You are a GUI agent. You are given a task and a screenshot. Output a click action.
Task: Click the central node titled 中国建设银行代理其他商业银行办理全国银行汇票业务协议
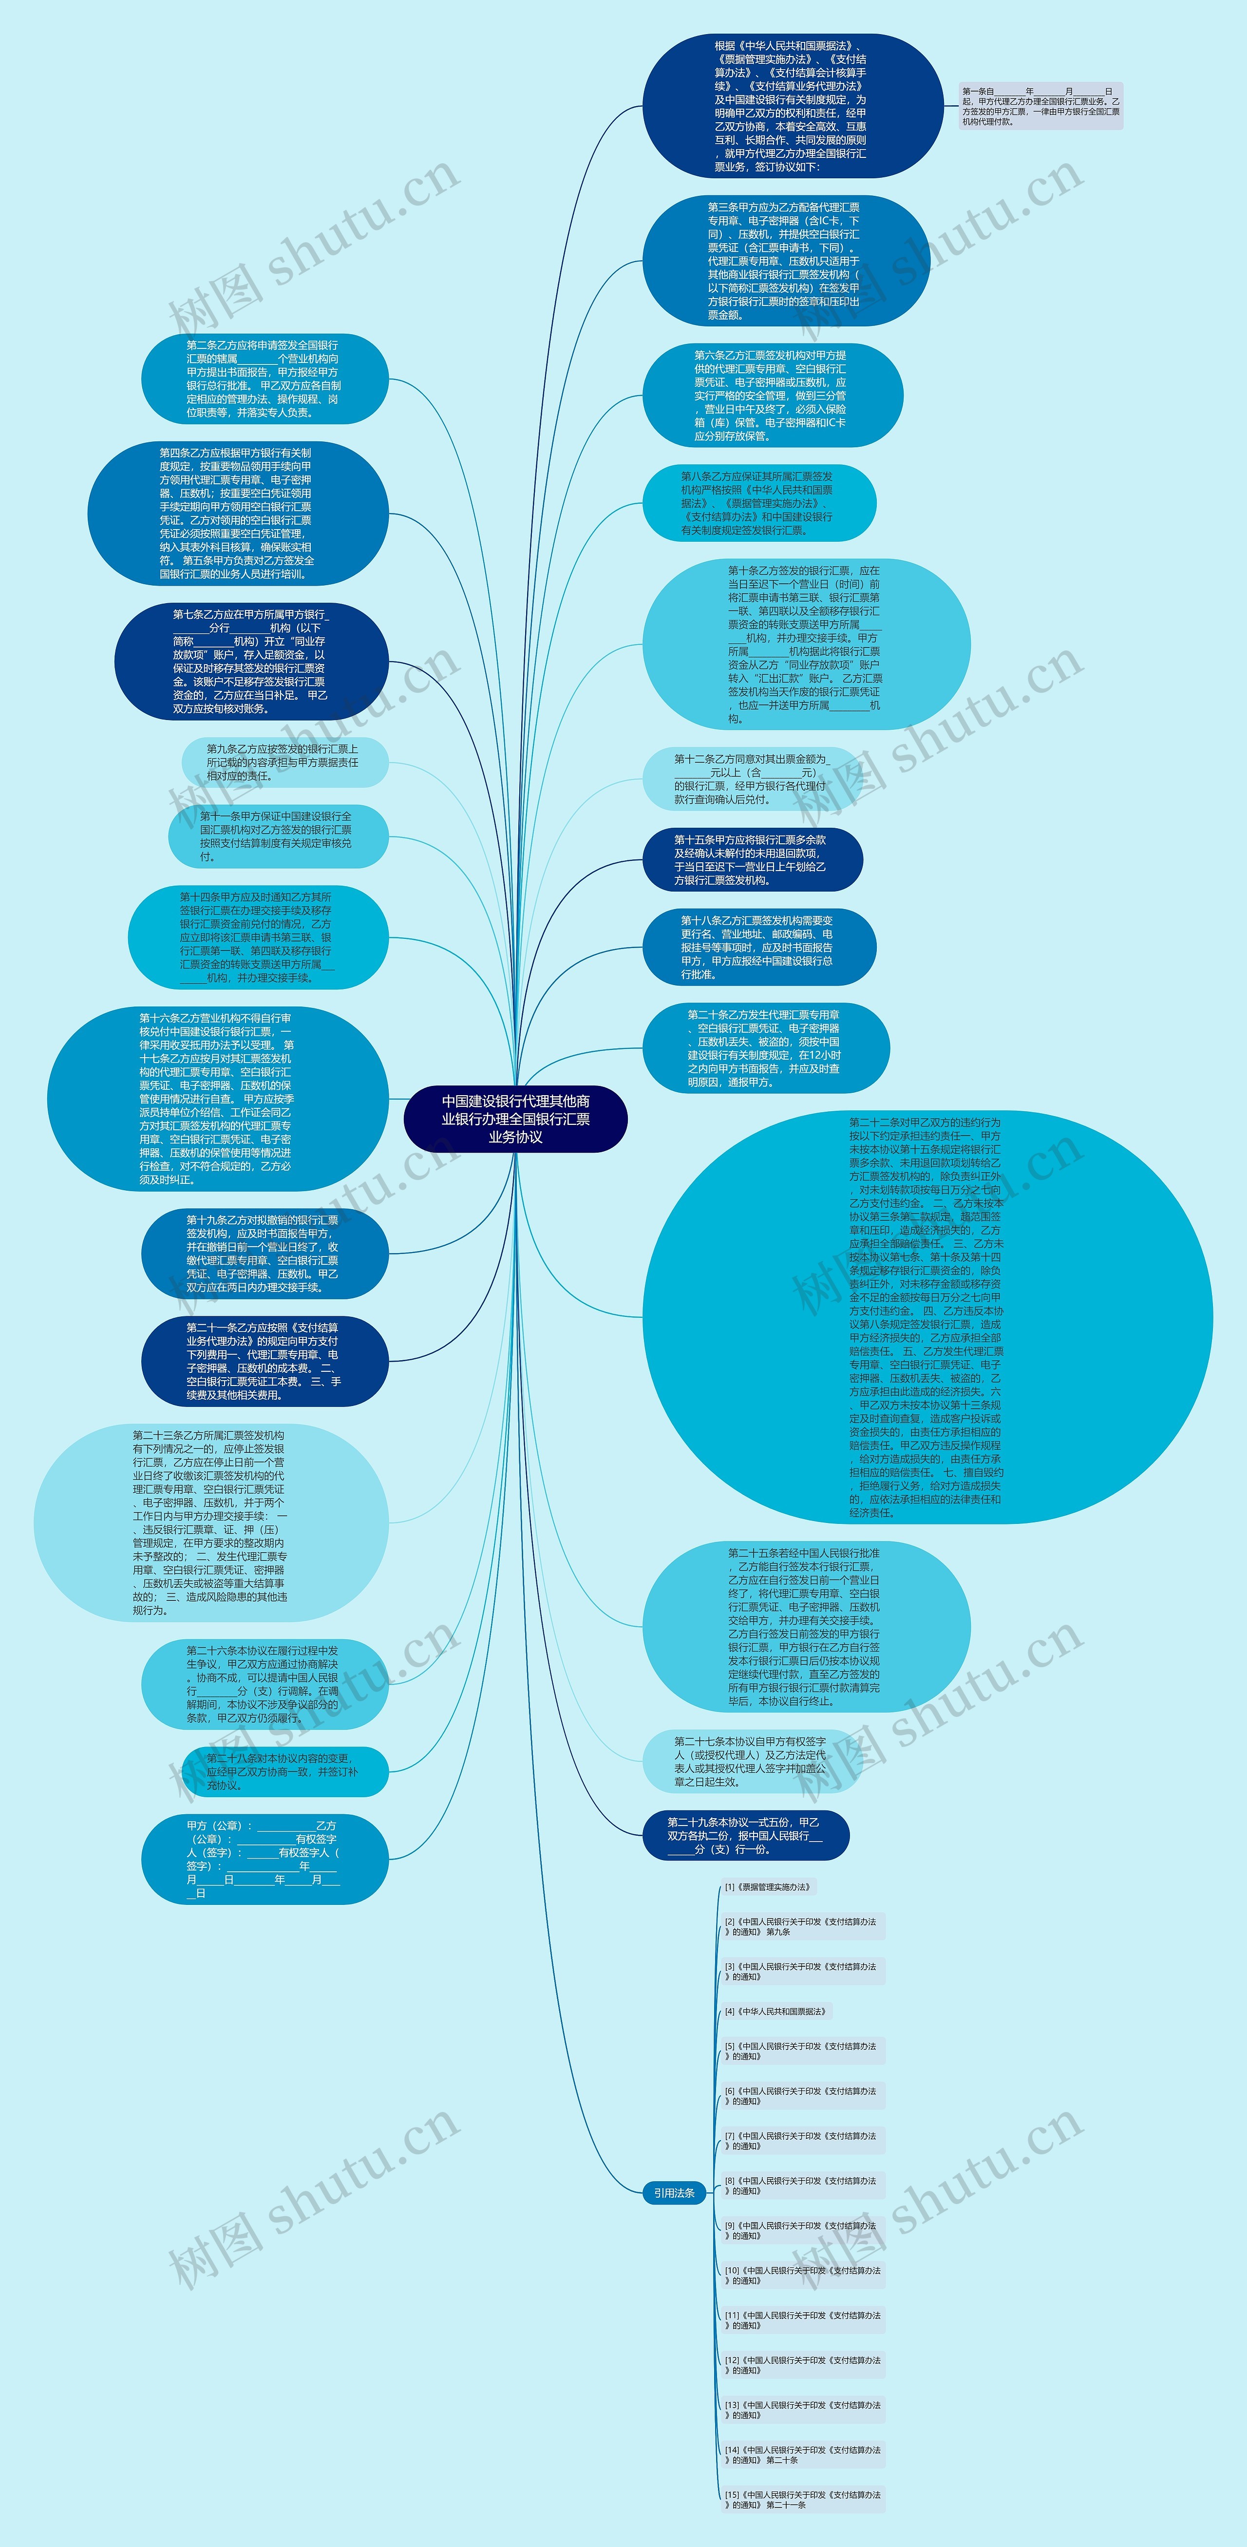click(515, 1118)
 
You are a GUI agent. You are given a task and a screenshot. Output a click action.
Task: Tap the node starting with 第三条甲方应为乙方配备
click(786, 261)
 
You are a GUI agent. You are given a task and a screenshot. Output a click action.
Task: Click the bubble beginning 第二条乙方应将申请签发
click(264, 379)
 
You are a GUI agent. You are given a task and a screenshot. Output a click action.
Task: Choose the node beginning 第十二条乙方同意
click(752, 779)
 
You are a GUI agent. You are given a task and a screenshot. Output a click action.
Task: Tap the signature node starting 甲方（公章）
click(264, 1859)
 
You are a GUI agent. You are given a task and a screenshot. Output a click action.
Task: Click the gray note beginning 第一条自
click(1040, 106)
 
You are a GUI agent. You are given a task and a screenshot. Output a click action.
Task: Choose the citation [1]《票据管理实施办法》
click(767, 1886)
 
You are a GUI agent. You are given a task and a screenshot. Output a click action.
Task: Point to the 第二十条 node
click(765, 1048)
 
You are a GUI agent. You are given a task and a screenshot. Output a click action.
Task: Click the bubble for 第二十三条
click(210, 1521)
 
